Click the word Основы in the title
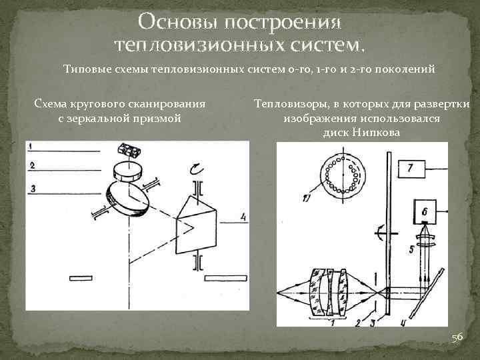[x=179, y=23]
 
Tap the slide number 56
[x=457, y=338]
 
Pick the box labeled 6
[x=425, y=212]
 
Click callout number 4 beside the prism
[x=243, y=216]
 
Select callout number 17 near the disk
[x=307, y=198]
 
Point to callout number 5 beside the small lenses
[x=411, y=251]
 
